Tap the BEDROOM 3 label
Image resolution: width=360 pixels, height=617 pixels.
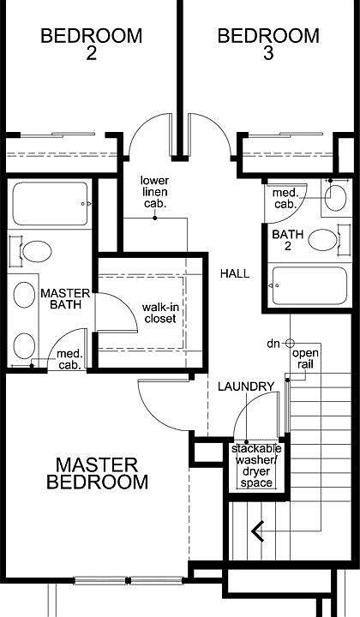pyautogui.click(x=268, y=45)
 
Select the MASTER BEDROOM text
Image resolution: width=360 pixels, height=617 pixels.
pyautogui.click(x=96, y=473)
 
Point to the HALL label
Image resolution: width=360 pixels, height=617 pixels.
pyautogui.click(x=235, y=274)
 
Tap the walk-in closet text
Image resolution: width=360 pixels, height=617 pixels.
pyautogui.click(x=159, y=313)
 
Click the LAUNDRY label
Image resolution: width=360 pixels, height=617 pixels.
pyautogui.click(x=245, y=386)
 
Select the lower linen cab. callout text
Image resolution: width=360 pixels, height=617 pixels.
pyautogui.click(x=154, y=192)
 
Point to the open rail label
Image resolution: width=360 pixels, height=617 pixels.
pyautogui.click(x=306, y=359)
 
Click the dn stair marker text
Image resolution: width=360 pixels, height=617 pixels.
pyautogui.click(x=273, y=344)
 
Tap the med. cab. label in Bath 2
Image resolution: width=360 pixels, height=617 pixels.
pyautogui.click(x=285, y=199)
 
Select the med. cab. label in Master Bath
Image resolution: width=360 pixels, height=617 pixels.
pyautogui.click(x=69, y=360)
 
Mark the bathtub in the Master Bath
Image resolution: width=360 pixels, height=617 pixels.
pyautogui.click(x=51, y=204)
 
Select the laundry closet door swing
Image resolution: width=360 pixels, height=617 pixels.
pyautogui.click(x=253, y=420)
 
